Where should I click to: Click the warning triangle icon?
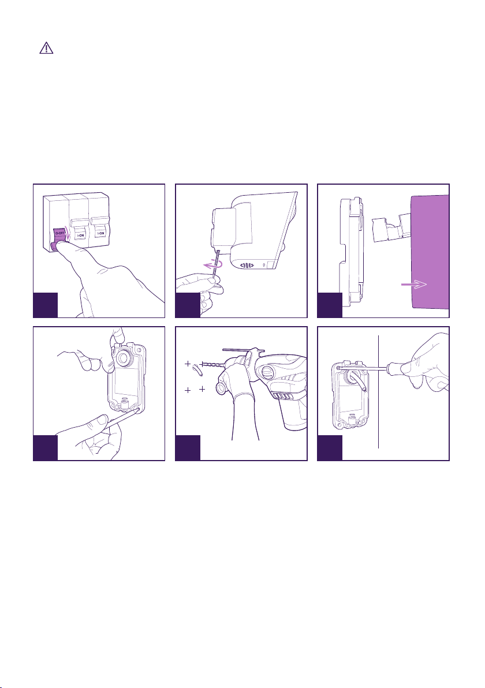tap(46, 48)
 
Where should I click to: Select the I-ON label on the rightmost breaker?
tap(101, 233)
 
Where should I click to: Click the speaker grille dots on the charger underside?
tap(248, 266)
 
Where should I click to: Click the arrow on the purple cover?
tap(414, 285)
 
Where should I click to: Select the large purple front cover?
tap(430, 252)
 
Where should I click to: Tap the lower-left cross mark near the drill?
tap(188, 390)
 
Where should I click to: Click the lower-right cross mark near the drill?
tap(202, 389)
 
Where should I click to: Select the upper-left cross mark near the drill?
tap(188, 364)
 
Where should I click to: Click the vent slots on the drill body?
tap(279, 396)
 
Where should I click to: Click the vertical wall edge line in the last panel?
tap(378, 392)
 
